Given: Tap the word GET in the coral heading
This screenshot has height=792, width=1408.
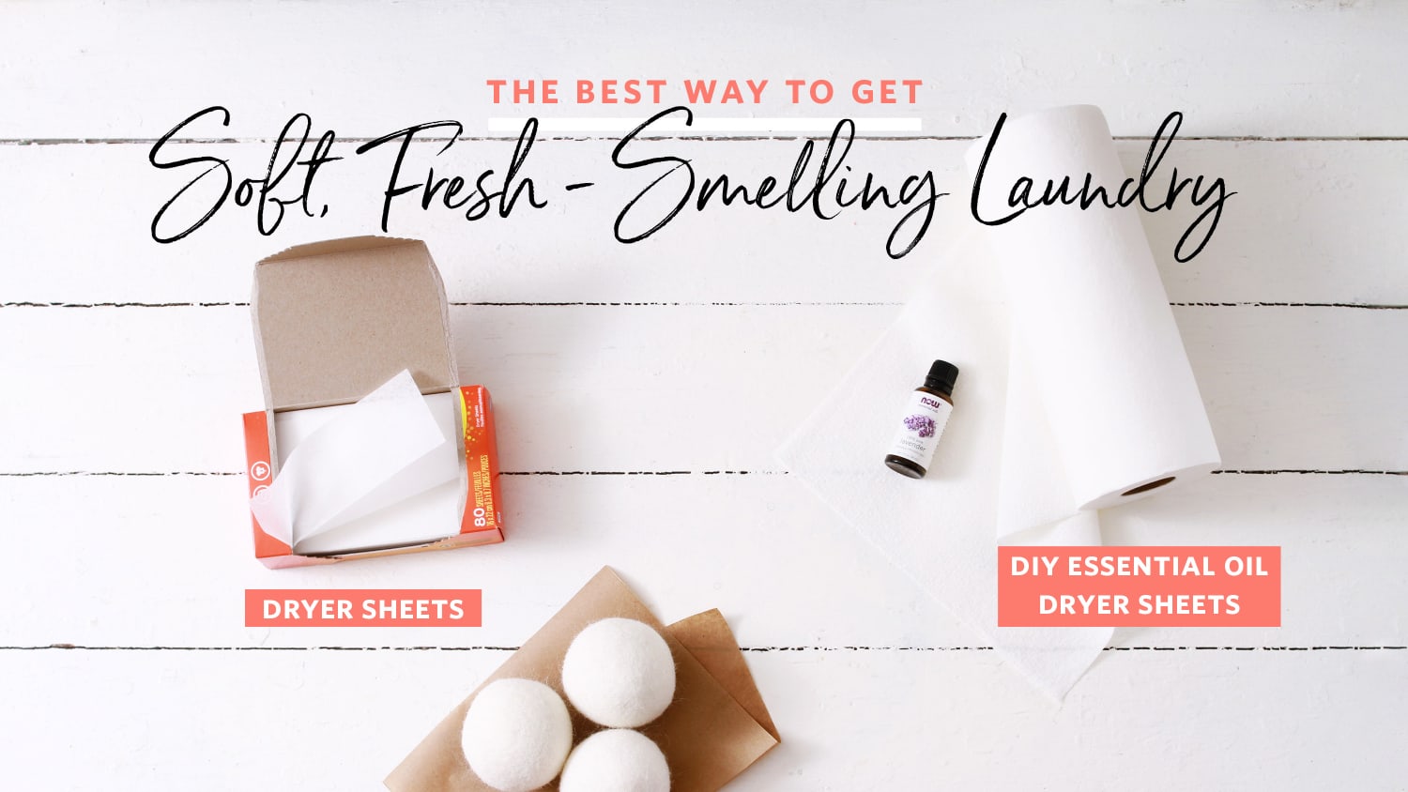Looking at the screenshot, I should [x=887, y=92].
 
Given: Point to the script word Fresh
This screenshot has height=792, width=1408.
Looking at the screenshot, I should [x=460, y=174].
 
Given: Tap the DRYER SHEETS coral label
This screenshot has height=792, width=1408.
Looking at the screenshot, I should [x=362, y=609].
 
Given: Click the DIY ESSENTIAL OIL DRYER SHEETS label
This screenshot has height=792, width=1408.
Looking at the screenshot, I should [x=1139, y=586].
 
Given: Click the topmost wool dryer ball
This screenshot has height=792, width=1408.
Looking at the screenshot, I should [x=618, y=672].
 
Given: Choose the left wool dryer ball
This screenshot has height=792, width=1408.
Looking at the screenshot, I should [x=516, y=734].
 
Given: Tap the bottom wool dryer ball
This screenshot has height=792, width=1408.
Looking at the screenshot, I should [x=615, y=762].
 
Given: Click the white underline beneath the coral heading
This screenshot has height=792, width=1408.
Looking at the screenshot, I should [x=704, y=124].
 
